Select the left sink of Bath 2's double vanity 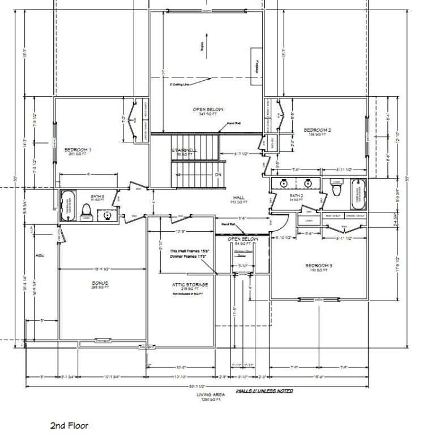pos(283,183)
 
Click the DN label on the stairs pos(217,175)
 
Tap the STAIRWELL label pos(183,150)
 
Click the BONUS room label pos(101,283)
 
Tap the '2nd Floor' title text pos(69,426)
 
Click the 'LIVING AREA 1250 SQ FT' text pos(211,397)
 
